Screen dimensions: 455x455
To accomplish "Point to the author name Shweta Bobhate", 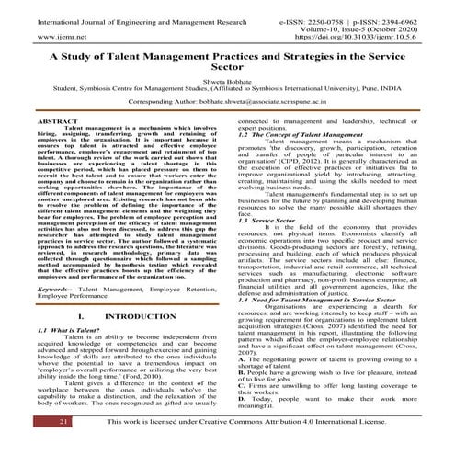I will [x=227, y=104].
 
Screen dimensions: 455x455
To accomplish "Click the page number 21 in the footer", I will [x=39, y=446].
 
